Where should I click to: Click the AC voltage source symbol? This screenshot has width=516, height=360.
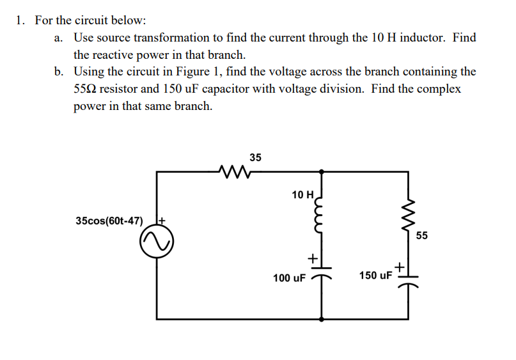pos(156,244)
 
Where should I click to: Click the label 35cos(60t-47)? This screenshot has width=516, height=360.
pos(109,221)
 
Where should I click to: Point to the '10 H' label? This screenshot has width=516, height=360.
pos(302,194)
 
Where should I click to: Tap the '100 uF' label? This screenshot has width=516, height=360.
pos(289,278)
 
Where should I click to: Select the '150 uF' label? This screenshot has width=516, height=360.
pos(375,276)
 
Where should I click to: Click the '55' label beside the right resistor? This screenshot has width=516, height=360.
pos(421,235)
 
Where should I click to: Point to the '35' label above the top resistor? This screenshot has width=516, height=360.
pos(255,157)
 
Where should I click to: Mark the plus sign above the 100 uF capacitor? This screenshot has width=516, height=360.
pos(313,258)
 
